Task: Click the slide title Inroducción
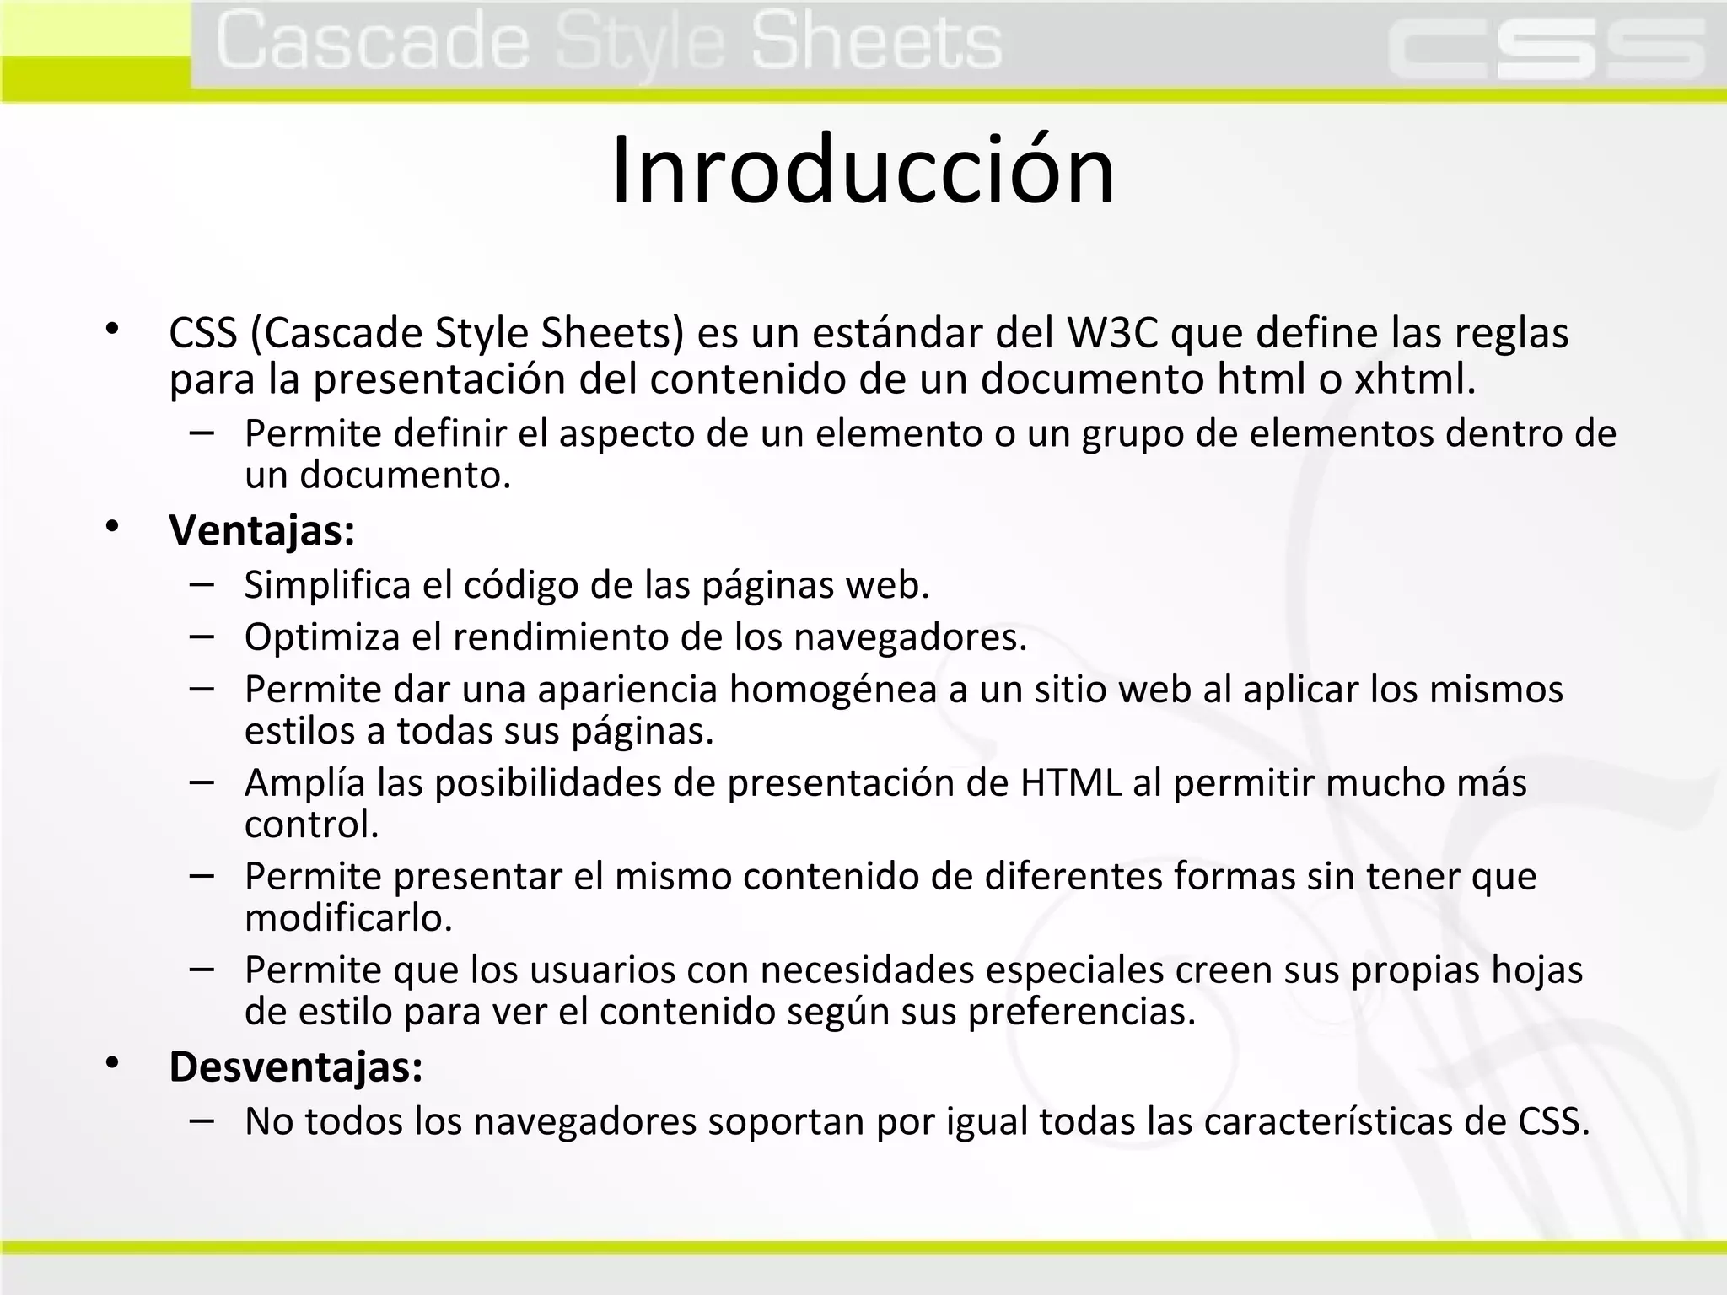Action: pyautogui.click(x=863, y=171)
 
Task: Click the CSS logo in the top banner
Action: pyautogui.click(x=1547, y=51)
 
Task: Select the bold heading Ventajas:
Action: pyautogui.click(x=261, y=531)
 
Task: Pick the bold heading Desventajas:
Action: pyautogui.click(x=296, y=1067)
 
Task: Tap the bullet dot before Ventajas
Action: pyautogui.click(x=112, y=528)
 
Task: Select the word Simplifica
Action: pyautogui.click(x=327, y=585)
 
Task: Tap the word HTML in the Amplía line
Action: pyautogui.click(x=1070, y=783)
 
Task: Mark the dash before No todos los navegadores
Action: pyautogui.click(x=202, y=1120)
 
